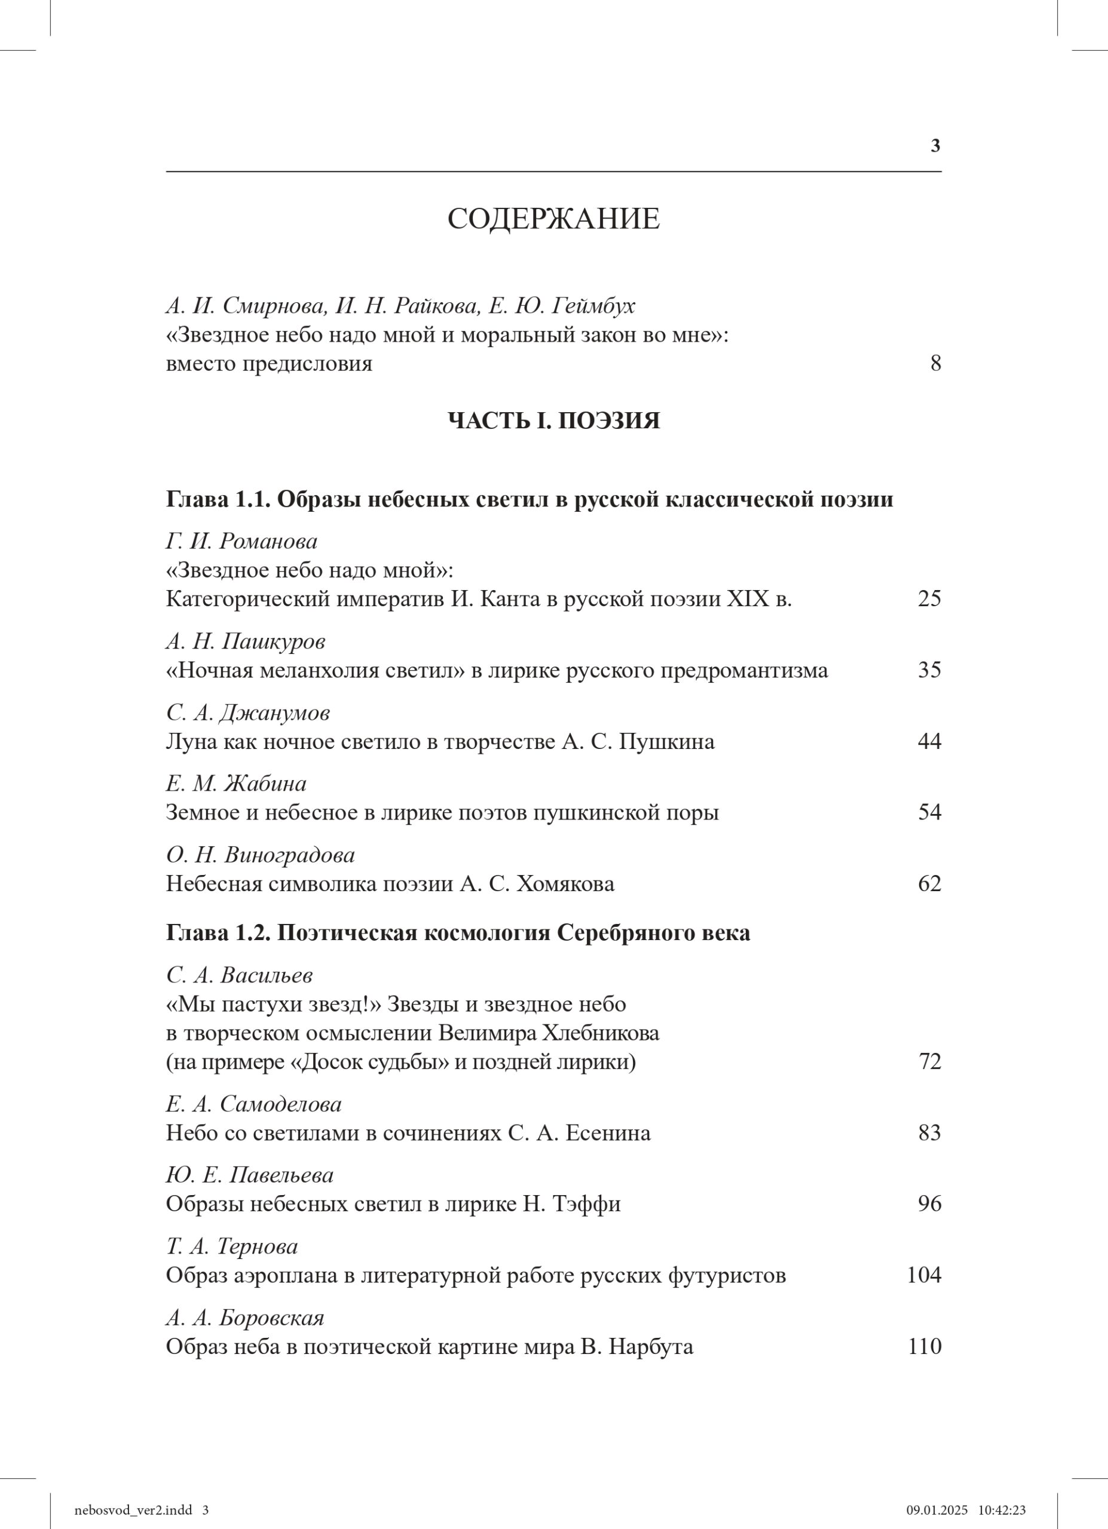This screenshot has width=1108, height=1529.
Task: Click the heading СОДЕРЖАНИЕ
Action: [553, 220]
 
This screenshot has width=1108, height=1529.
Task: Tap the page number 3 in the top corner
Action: [935, 146]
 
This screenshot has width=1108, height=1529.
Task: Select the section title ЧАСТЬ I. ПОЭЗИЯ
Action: [553, 420]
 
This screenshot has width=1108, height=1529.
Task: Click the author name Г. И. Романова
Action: [241, 541]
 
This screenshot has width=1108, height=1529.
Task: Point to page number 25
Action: [929, 598]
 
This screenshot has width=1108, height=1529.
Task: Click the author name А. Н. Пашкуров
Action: [246, 641]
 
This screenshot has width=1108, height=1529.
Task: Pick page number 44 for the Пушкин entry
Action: [929, 742]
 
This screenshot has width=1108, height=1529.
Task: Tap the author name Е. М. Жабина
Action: [236, 784]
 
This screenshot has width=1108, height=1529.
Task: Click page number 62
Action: [929, 883]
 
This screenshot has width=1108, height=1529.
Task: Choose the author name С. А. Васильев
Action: [240, 975]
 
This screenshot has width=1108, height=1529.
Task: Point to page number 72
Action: [929, 1062]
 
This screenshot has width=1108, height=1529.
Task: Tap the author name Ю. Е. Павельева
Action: [250, 1175]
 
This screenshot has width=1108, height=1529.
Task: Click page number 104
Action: [923, 1276]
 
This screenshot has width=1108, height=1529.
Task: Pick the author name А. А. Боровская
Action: [245, 1318]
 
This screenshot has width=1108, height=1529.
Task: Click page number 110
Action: [923, 1347]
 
